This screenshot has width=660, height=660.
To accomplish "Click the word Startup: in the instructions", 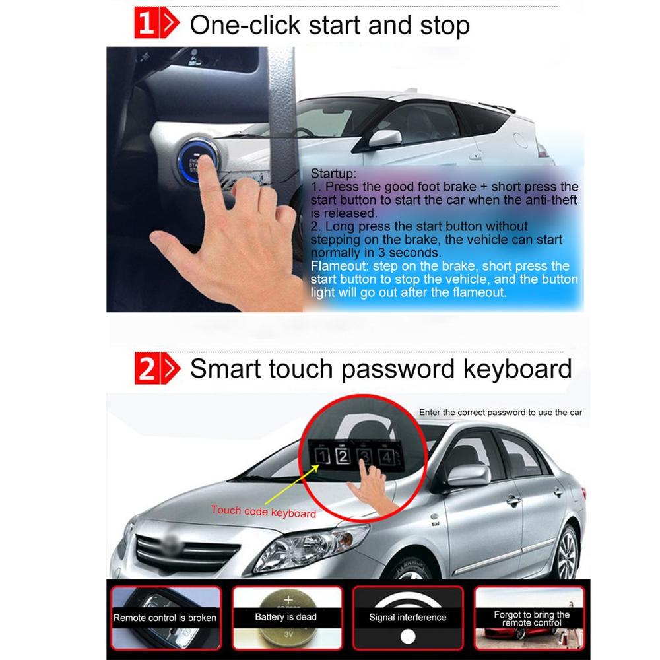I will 333,174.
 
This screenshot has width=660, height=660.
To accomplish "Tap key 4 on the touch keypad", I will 387,456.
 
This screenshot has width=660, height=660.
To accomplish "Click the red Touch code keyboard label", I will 263,511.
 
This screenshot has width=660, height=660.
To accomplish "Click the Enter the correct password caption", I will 500,412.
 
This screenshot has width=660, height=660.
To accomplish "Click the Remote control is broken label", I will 165,618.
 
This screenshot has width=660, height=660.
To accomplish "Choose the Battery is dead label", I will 286,617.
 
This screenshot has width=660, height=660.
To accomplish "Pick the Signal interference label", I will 407,618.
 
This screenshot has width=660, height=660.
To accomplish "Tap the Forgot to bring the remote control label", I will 531,618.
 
